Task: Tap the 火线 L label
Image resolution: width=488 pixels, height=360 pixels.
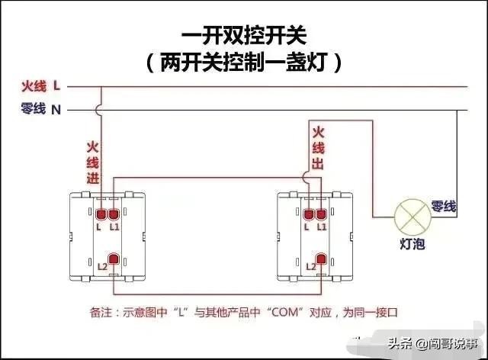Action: pyautogui.click(x=41, y=86)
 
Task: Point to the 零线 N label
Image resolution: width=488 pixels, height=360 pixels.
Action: pyautogui.click(x=41, y=110)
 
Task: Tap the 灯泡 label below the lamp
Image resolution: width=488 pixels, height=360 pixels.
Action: pyautogui.click(x=413, y=244)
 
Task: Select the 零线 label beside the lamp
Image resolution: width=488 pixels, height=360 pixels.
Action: pyautogui.click(x=444, y=206)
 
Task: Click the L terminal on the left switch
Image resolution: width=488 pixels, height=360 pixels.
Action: pyautogui.click(x=101, y=214)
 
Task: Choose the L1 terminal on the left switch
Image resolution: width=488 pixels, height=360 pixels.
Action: pyautogui.click(x=114, y=214)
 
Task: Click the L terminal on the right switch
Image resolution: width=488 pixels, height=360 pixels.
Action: pyautogui.click(x=307, y=214)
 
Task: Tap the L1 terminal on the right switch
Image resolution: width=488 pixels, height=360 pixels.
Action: pyautogui.click(x=321, y=214)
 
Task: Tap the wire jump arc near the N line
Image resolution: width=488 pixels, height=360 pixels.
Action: pyautogui.click(x=100, y=110)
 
